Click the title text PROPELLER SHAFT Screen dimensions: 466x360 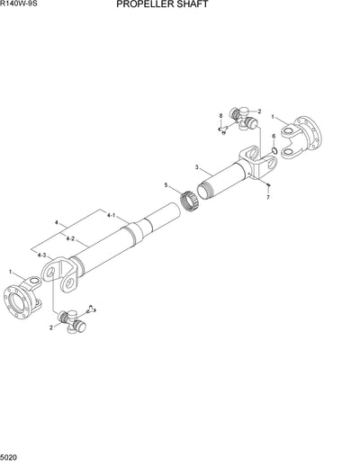[x=175, y=4]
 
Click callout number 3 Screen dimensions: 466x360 [x=196, y=167]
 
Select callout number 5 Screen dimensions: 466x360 [x=166, y=185]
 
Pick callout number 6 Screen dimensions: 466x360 [x=274, y=136]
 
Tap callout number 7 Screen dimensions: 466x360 [x=267, y=196]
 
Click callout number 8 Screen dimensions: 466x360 [x=220, y=117]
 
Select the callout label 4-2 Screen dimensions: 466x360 [x=71, y=238]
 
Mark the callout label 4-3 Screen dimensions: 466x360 [x=42, y=256]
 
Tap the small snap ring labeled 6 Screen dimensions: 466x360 [x=274, y=150]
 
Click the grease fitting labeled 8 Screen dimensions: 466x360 [x=221, y=130]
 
